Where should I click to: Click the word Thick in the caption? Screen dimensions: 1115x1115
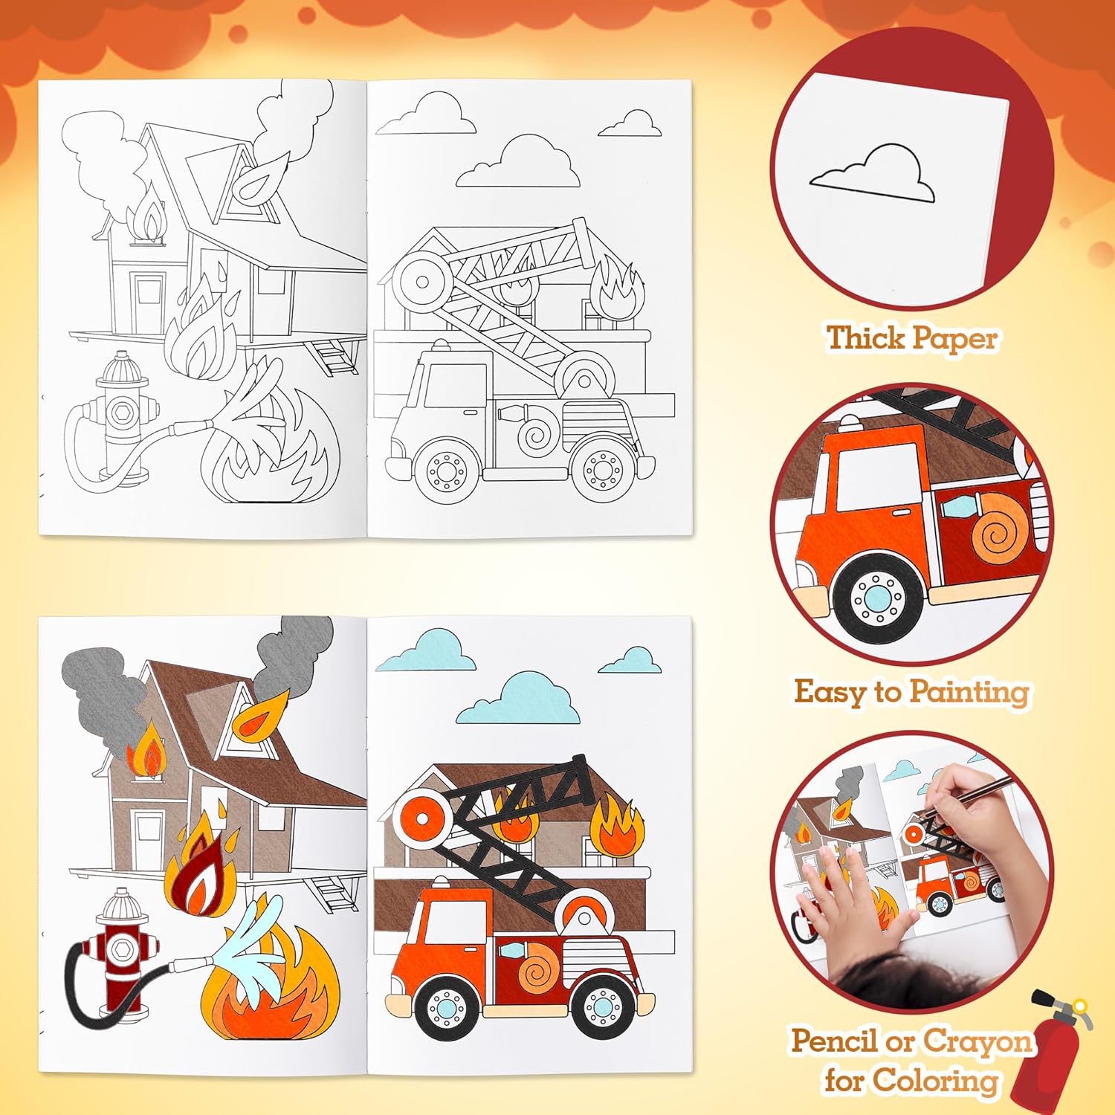[x=865, y=338]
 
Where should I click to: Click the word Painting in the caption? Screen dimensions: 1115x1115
[x=969, y=692]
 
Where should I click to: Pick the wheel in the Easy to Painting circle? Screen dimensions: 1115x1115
[x=879, y=595]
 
